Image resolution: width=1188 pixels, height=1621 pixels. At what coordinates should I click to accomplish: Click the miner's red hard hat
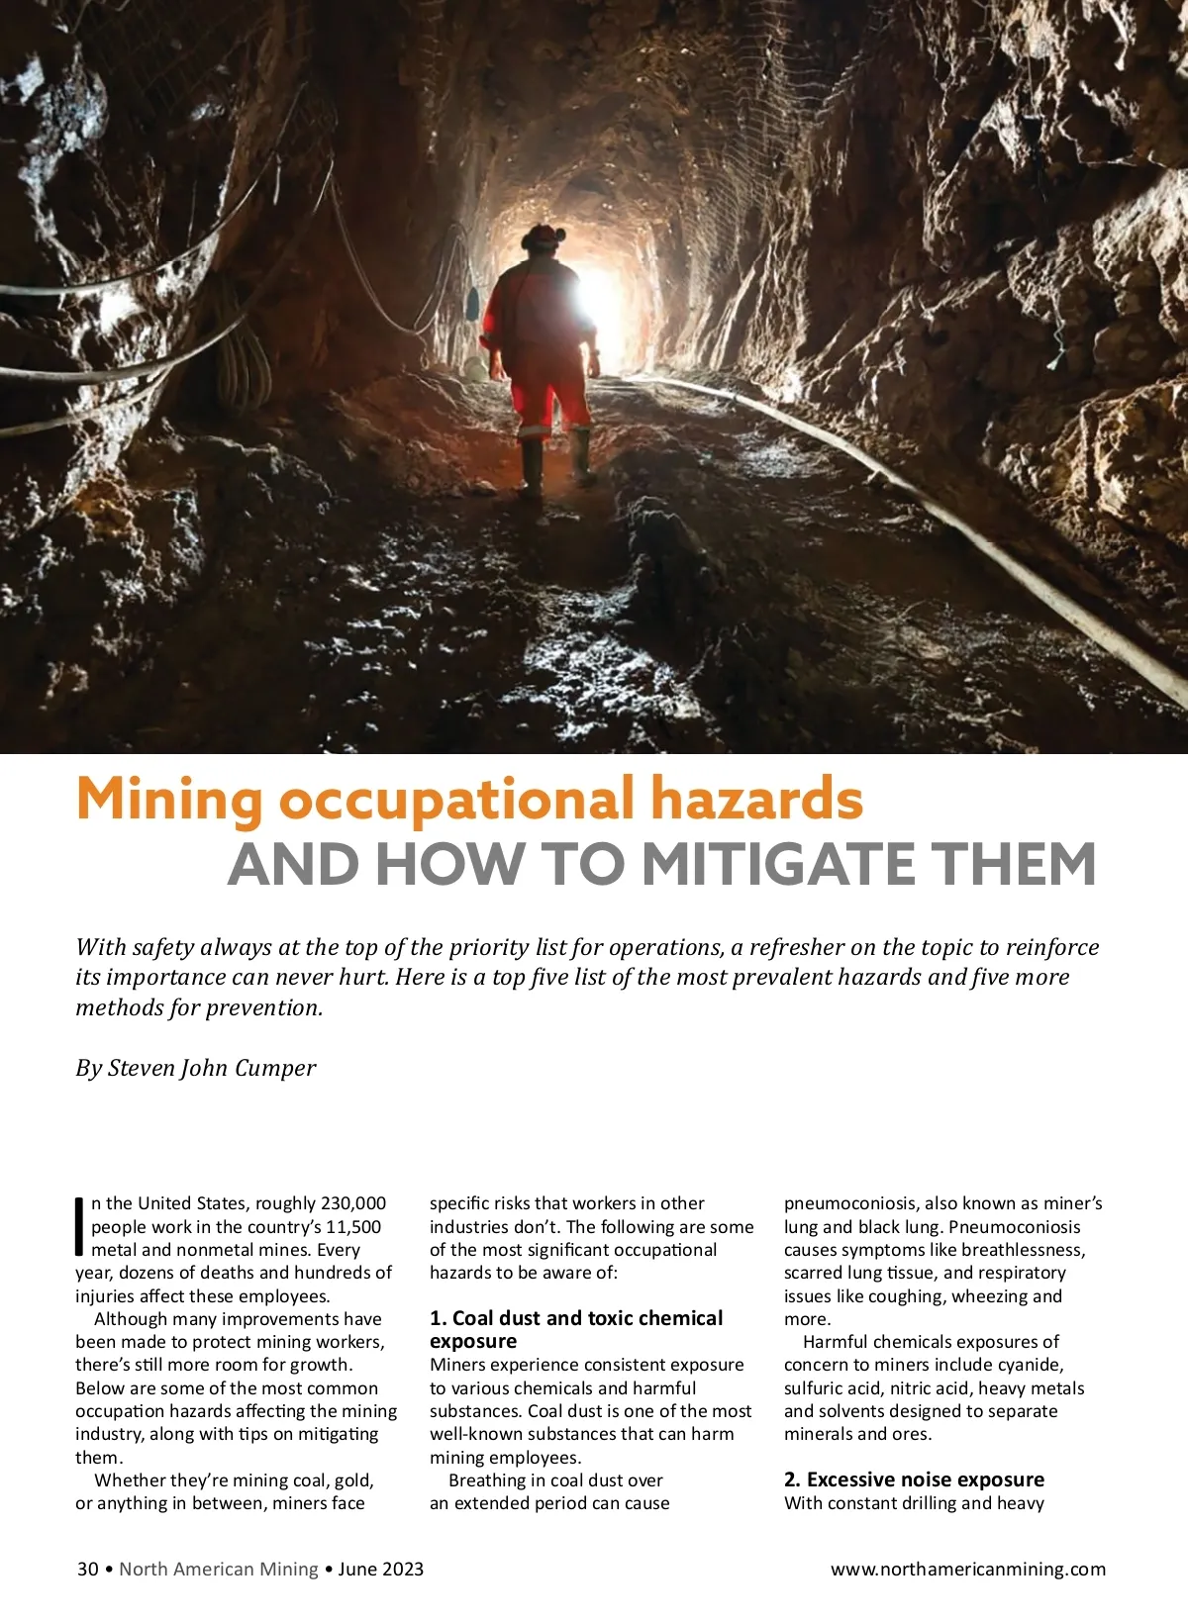(x=543, y=236)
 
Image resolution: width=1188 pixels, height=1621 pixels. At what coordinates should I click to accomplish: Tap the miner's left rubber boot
(x=532, y=467)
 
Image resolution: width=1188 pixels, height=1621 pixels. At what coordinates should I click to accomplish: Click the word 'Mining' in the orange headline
(x=168, y=800)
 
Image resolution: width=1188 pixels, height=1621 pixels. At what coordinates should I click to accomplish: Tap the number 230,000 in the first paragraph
(x=352, y=1203)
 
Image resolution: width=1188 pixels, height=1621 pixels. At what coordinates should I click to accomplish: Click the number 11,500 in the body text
(x=353, y=1227)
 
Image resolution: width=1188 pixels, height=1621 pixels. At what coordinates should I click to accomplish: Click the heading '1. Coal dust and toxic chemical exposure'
(x=575, y=1329)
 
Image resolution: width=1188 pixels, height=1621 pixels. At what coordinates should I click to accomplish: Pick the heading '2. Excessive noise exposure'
(x=914, y=1479)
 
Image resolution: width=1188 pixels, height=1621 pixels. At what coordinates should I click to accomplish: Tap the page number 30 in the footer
(x=88, y=1570)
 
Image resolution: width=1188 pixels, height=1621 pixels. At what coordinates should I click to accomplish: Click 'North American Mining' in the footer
(x=219, y=1570)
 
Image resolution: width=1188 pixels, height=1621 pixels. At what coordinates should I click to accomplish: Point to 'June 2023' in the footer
(x=381, y=1570)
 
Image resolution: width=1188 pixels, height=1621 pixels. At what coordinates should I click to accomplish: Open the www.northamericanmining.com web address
(x=967, y=1570)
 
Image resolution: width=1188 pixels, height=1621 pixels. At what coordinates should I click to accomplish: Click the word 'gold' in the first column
(x=354, y=1480)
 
